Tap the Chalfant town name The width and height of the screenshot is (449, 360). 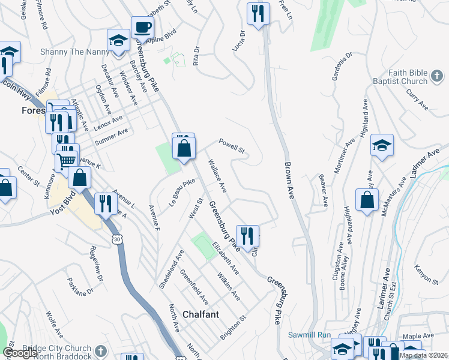pyautogui.click(x=200, y=314)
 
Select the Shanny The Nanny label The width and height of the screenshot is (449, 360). pyautogui.click(x=65, y=52)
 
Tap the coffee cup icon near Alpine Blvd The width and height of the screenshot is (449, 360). pyautogui.click(x=142, y=28)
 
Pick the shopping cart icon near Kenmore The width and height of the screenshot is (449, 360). pyautogui.click(x=66, y=160)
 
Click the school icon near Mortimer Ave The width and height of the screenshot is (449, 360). pyautogui.click(x=382, y=146)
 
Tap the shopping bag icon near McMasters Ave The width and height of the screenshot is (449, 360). pyautogui.click(x=367, y=200)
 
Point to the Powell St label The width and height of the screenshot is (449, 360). pyautogui.click(x=232, y=146)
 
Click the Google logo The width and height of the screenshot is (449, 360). pyautogui.click(x=20, y=353)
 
